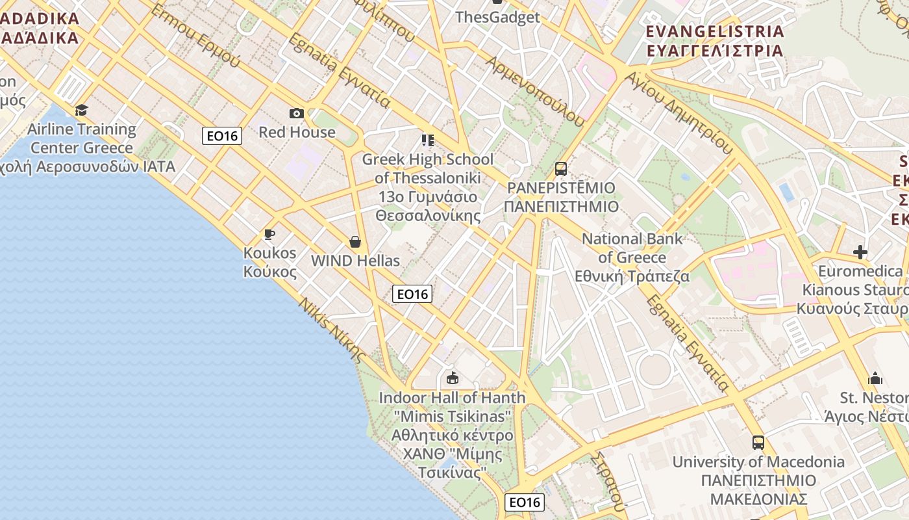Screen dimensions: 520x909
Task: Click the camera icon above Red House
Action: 297,114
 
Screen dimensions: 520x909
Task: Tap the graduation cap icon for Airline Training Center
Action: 81,110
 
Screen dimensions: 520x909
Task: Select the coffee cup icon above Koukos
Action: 269,234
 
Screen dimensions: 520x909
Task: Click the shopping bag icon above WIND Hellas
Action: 355,242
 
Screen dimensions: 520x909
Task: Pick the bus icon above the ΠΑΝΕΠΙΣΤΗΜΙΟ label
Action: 561,169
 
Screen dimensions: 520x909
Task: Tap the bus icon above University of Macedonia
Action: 758,443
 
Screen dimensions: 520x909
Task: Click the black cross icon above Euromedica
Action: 860,252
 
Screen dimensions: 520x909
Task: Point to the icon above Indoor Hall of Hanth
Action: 453,378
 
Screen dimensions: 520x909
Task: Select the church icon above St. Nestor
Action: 875,378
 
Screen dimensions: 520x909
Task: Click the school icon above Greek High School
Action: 427,140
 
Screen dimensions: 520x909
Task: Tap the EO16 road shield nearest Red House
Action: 222,136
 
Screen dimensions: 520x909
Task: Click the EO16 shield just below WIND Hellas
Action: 412,294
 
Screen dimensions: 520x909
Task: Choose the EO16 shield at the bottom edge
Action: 525,502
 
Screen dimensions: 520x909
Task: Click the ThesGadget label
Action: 497,17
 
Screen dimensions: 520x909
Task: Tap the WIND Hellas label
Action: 355,261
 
